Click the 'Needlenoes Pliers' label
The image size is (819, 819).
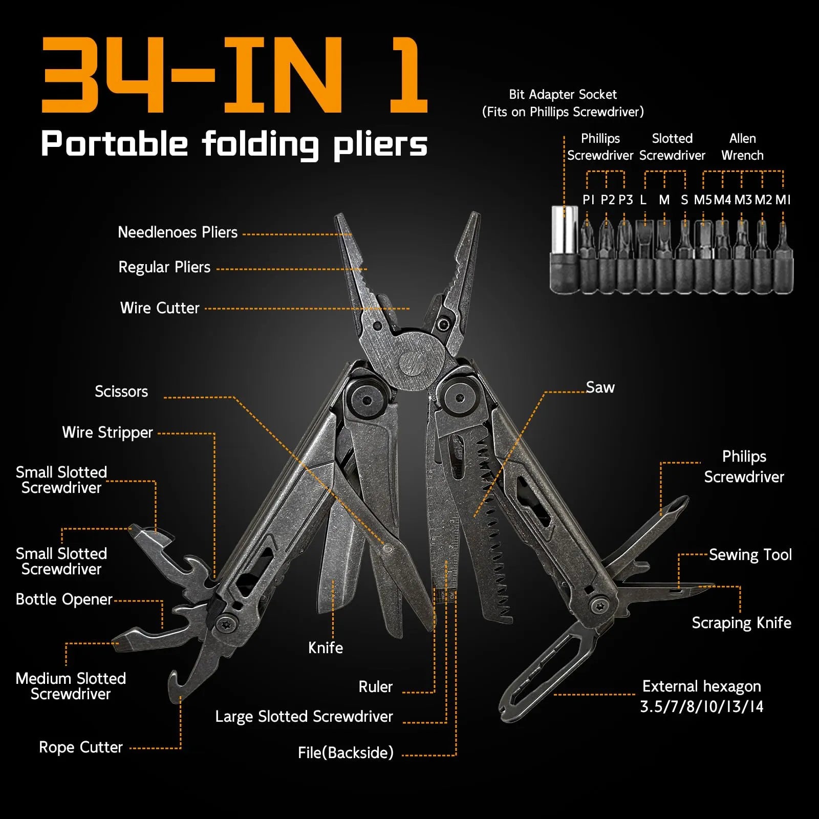tap(178, 232)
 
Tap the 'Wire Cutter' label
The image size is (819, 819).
tap(160, 308)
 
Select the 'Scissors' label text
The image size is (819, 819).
tap(121, 392)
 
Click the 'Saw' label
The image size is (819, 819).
tap(600, 387)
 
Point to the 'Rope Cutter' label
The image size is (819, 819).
tap(81, 747)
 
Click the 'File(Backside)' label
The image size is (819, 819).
tap(346, 753)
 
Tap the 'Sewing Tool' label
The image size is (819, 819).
tap(750, 555)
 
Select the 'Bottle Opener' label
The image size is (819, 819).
tap(64, 599)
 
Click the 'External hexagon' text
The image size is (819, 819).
tap(701, 686)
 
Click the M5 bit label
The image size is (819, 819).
tap(702, 200)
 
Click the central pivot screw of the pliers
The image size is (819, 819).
tap(413, 364)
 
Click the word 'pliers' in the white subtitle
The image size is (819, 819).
tap(380, 145)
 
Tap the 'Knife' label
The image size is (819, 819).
tap(326, 648)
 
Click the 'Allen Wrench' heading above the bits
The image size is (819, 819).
tap(742, 147)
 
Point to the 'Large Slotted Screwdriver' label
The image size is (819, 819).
tap(304, 717)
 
